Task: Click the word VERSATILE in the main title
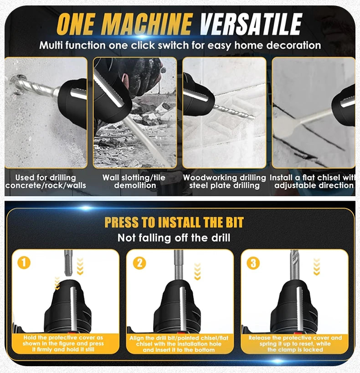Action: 251,24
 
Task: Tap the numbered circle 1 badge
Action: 24,263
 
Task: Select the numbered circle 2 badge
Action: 139,263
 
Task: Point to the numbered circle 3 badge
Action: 253,263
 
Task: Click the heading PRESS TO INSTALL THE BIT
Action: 174,222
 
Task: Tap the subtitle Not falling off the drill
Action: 174,238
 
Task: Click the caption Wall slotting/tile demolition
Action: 134,182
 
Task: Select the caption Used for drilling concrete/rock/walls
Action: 46,182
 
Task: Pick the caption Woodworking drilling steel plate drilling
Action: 224,182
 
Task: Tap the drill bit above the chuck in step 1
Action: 68,263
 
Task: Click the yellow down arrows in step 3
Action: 317,267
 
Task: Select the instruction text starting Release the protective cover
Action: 295,344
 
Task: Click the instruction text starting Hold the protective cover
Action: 63,343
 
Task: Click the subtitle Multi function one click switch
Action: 180,45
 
